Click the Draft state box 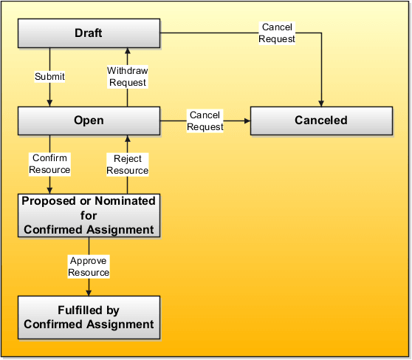(89, 33)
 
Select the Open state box (89, 120)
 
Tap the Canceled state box (320, 120)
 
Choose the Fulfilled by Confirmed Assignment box (89, 317)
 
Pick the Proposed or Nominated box (89, 215)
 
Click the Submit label (49, 77)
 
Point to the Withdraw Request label (127, 77)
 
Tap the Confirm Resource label (49, 164)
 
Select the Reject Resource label (127, 164)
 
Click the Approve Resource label (89, 267)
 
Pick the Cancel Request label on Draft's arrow (278, 33)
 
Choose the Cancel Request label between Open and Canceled (205, 120)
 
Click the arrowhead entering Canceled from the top (321, 103)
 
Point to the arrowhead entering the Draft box (127, 51)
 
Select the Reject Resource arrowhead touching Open (127, 139)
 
